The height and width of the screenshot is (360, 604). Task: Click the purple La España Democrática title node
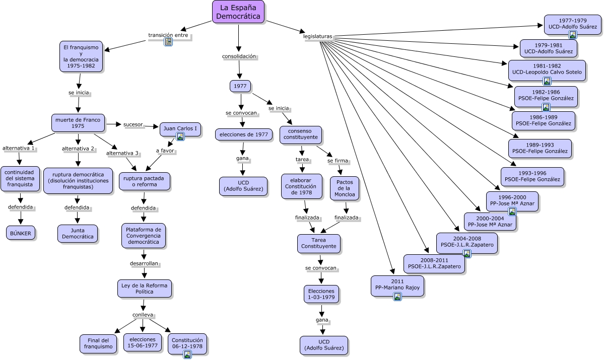click(x=238, y=12)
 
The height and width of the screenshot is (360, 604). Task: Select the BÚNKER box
click(x=21, y=233)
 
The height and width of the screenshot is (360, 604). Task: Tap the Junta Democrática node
click(x=78, y=234)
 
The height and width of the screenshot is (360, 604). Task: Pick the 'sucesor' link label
click(x=133, y=124)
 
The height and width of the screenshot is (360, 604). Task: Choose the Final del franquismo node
click(x=98, y=343)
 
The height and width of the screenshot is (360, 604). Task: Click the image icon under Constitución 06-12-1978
click(x=187, y=354)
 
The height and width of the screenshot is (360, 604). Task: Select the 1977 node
click(x=240, y=86)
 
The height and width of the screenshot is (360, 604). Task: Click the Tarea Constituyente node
click(x=318, y=244)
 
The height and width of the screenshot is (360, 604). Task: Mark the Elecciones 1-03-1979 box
click(x=321, y=295)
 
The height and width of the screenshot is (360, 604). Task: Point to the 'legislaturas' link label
click(x=317, y=37)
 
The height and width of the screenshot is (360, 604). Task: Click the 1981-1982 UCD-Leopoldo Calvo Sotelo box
click(x=547, y=69)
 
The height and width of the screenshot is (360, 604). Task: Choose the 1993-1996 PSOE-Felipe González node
click(x=532, y=176)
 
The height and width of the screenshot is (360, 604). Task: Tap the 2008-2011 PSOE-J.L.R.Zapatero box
click(x=434, y=263)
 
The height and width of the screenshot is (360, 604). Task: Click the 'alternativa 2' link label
click(x=78, y=149)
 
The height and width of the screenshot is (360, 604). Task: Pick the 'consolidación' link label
click(x=239, y=56)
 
